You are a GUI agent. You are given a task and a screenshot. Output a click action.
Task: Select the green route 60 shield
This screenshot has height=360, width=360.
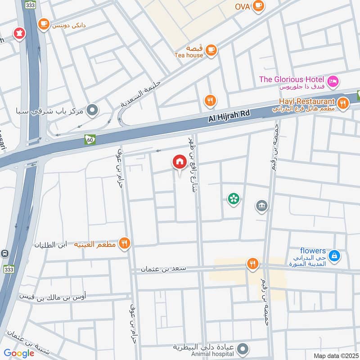tap(90, 139)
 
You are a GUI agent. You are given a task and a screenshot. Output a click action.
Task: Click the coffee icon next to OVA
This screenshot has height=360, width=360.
tap(258, 6)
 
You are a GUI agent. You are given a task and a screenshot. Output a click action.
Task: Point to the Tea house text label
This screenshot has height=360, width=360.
tap(189, 55)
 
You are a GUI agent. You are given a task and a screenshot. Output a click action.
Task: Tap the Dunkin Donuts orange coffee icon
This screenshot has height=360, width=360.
tap(44, 24)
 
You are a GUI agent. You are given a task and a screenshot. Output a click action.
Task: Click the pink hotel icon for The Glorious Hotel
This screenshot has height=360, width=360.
tap(333, 81)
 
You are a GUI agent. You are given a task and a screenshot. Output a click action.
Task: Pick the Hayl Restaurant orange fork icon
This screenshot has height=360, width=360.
tap(343, 103)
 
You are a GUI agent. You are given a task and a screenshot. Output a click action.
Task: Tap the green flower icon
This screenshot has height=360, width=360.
tap(233, 198)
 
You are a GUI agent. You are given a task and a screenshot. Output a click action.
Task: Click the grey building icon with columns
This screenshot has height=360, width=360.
tap(261, 207)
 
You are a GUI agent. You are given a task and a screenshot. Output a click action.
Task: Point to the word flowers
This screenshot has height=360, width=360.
tap(313, 251)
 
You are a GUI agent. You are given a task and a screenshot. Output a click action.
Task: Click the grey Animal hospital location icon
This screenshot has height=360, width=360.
tap(243, 349)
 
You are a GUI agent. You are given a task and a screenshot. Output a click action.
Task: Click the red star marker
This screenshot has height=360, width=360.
tap(19, 33)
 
